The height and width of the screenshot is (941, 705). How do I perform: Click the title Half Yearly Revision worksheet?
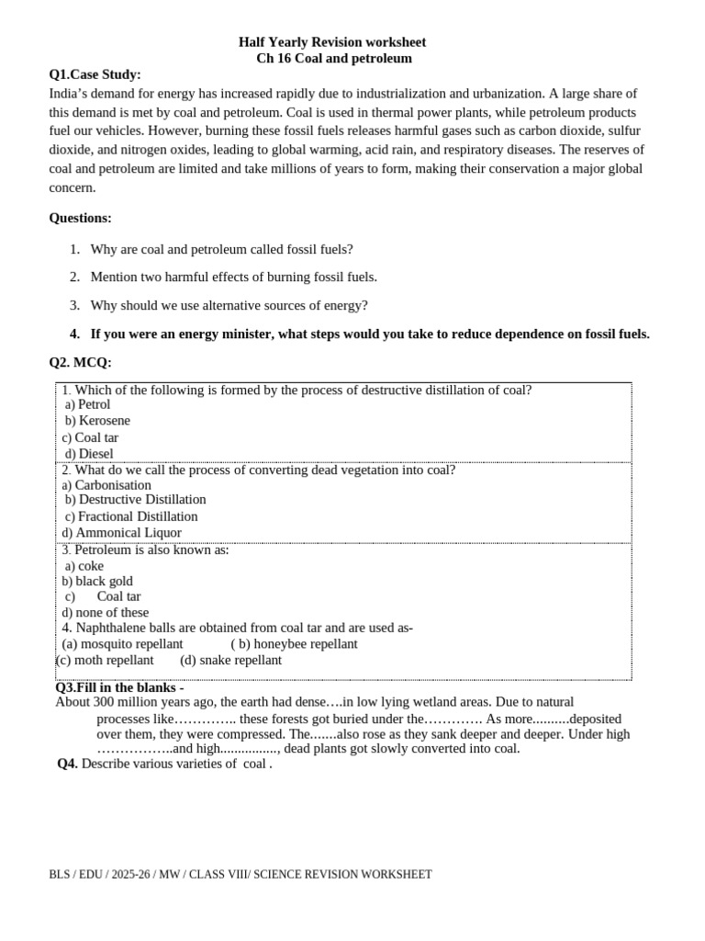(x=332, y=42)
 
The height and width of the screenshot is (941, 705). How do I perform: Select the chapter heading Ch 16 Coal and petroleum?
(x=334, y=59)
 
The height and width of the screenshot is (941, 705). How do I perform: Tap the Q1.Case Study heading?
(x=95, y=74)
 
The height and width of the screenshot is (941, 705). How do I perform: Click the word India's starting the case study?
(x=71, y=94)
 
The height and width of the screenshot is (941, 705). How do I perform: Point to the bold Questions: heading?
(x=80, y=218)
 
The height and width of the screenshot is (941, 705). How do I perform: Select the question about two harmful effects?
(x=233, y=277)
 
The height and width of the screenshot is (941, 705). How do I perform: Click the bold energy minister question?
(x=369, y=334)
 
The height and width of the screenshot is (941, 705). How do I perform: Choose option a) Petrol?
(x=88, y=404)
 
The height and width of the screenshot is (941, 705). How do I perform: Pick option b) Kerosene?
(x=97, y=421)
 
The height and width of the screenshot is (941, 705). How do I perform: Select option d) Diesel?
(x=89, y=454)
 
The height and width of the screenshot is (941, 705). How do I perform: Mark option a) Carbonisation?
(x=106, y=485)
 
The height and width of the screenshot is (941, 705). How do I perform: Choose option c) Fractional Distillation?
(x=131, y=516)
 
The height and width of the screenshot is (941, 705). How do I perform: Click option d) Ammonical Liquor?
(x=121, y=533)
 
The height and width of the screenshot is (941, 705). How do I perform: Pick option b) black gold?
(x=97, y=582)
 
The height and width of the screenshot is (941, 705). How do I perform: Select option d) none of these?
(x=105, y=613)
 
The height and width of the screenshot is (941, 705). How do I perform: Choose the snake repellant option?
(x=231, y=661)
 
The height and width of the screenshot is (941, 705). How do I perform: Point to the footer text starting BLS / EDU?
(x=240, y=875)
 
